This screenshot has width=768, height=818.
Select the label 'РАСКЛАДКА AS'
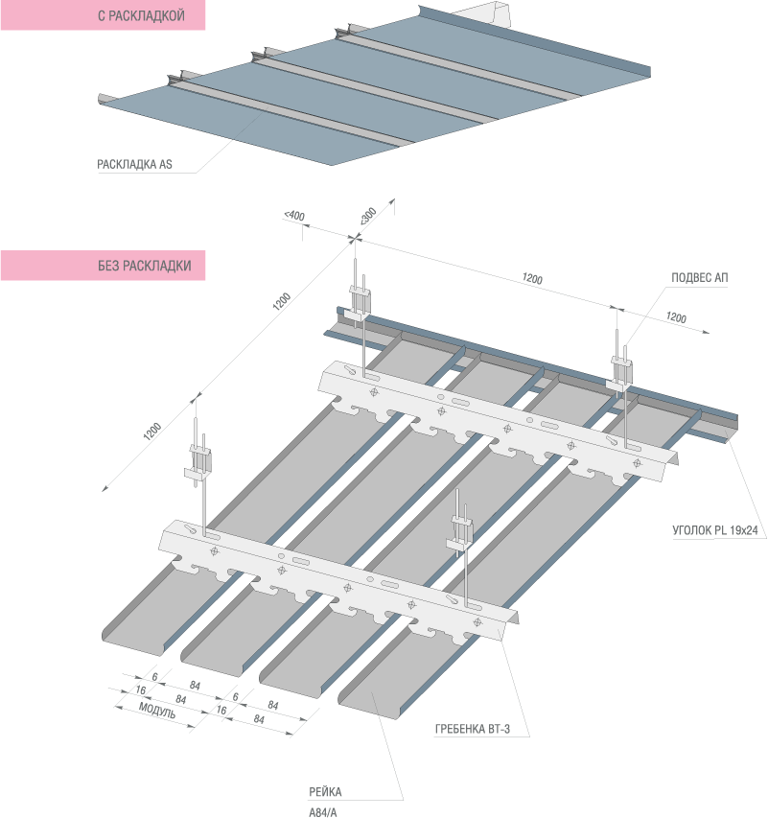(134, 164)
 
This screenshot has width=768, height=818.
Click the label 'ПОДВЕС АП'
(701, 278)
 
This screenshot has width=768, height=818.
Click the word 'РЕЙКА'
(325, 792)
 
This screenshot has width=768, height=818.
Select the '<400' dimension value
(294, 217)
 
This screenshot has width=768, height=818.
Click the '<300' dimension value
(368, 216)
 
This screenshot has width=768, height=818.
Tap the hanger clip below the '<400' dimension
(359, 298)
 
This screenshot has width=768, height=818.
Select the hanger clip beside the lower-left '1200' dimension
(201, 458)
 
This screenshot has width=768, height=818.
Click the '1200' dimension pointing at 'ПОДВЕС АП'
(676, 317)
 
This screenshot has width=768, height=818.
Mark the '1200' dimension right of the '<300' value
(532, 279)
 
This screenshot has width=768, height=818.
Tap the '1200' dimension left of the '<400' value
(281, 302)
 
